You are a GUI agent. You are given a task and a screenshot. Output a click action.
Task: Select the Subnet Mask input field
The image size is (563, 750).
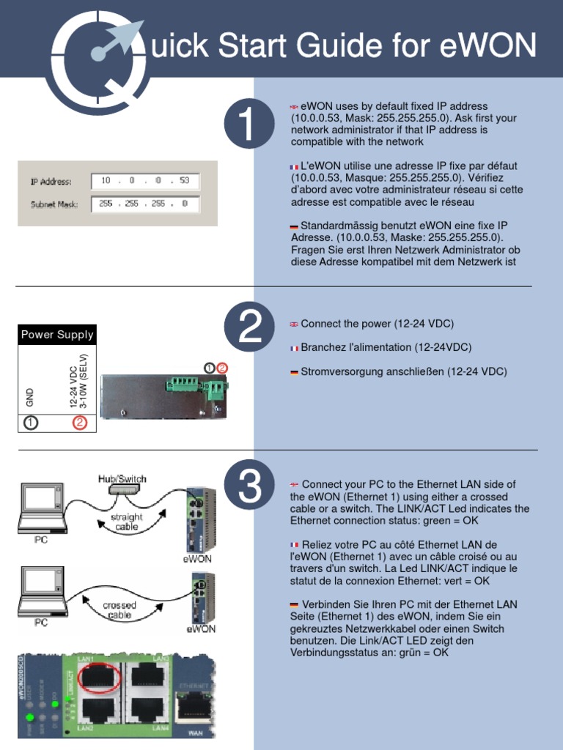pyautogui.click(x=144, y=204)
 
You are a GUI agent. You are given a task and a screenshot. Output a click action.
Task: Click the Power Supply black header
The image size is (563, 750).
pyautogui.click(x=57, y=335)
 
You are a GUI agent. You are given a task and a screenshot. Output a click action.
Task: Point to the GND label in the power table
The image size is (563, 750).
pyautogui.click(x=30, y=398)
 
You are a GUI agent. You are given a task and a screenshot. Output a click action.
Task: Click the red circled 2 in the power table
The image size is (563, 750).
pyautogui.click(x=80, y=423)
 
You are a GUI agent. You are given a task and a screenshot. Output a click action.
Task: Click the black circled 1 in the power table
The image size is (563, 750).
pyautogui.click(x=30, y=423)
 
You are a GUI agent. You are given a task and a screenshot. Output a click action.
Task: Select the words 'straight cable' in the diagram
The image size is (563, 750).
pyautogui.click(x=126, y=521)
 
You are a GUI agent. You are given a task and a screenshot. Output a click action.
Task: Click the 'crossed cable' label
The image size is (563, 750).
pyautogui.click(x=119, y=611)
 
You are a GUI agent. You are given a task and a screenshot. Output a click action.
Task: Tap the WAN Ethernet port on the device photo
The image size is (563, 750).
pyautogui.click(x=194, y=706)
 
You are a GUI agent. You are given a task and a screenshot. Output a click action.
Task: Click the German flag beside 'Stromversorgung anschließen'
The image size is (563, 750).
pyautogui.click(x=294, y=372)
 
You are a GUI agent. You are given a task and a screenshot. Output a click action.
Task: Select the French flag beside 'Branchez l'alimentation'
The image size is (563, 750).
pyautogui.click(x=294, y=348)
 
